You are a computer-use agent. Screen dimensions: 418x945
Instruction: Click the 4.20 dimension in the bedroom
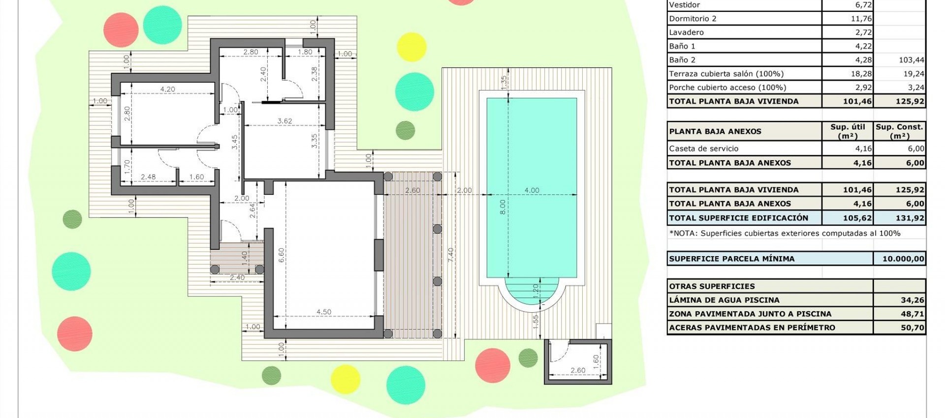click(x=167, y=90)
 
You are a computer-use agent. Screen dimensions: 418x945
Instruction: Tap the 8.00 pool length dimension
click(x=503, y=207)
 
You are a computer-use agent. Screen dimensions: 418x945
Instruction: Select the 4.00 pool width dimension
click(x=532, y=190)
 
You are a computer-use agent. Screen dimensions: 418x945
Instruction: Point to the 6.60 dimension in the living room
click(x=281, y=255)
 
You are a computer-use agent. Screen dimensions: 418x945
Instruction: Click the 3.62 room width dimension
click(x=284, y=121)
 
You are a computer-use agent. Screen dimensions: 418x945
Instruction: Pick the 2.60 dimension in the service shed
click(x=578, y=370)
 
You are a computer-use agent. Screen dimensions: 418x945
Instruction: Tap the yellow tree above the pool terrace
click(x=411, y=47)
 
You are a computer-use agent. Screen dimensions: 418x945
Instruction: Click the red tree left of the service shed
click(x=492, y=365)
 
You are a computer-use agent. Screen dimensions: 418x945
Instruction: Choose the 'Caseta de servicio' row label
click(x=703, y=149)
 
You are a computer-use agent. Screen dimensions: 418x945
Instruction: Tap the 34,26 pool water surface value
click(x=912, y=300)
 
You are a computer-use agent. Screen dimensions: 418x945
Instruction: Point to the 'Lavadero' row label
click(x=686, y=32)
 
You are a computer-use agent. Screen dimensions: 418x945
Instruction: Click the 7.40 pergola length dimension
click(x=450, y=255)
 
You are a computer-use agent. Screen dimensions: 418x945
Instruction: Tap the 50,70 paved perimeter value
click(x=912, y=328)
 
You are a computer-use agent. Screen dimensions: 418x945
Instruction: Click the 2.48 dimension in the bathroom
click(x=148, y=177)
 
